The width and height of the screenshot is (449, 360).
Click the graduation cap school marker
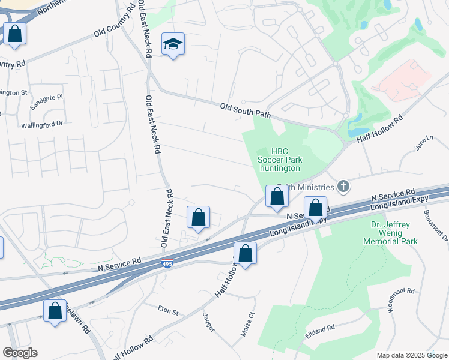click(173, 44)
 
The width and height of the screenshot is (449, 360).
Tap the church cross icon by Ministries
click(343, 187)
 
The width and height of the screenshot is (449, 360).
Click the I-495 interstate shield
click(167, 263)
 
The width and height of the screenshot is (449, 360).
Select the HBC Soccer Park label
click(279, 160)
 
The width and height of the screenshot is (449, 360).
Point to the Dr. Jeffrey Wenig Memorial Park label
click(390, 233)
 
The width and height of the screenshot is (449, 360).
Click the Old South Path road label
click(246, 110)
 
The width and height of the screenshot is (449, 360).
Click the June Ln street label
click(424, 143)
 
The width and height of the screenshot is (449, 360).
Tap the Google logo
click(20, 353)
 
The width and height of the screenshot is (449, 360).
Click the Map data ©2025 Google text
click(412, 355)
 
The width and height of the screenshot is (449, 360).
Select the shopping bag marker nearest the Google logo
click(55, 311)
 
